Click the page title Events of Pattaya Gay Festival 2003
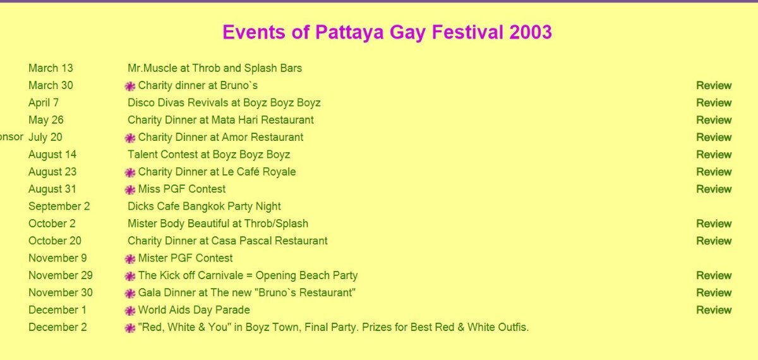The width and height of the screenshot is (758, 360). [387, 32]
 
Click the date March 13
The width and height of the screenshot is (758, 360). [51, 68]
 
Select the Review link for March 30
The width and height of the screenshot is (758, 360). [714, 86]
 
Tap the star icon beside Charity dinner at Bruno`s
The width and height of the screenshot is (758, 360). [130, 87]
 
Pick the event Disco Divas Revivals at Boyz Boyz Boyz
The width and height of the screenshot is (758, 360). [224, 103]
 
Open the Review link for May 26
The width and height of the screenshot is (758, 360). [714, 120]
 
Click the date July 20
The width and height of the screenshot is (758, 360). [45, 138]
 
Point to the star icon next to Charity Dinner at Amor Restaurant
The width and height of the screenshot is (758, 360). [130, 138]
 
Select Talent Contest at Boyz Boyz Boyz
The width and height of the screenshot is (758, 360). [209, 155]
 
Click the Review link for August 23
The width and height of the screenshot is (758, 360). [714, 172]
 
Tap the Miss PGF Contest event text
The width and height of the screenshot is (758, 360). [182, 189]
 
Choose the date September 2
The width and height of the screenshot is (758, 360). [59, 207]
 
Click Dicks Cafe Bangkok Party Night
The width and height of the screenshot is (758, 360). [204, 207]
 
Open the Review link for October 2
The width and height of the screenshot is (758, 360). [714, 224]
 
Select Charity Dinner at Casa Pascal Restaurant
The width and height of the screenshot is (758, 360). [227, 241]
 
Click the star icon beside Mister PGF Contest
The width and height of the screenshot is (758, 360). [130, 259]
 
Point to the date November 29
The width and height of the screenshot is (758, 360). [61, 275]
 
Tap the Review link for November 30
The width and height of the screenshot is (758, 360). [714, 292]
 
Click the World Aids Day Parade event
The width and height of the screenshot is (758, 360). [194, 310]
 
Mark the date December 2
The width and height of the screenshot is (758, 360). [57, 327]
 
